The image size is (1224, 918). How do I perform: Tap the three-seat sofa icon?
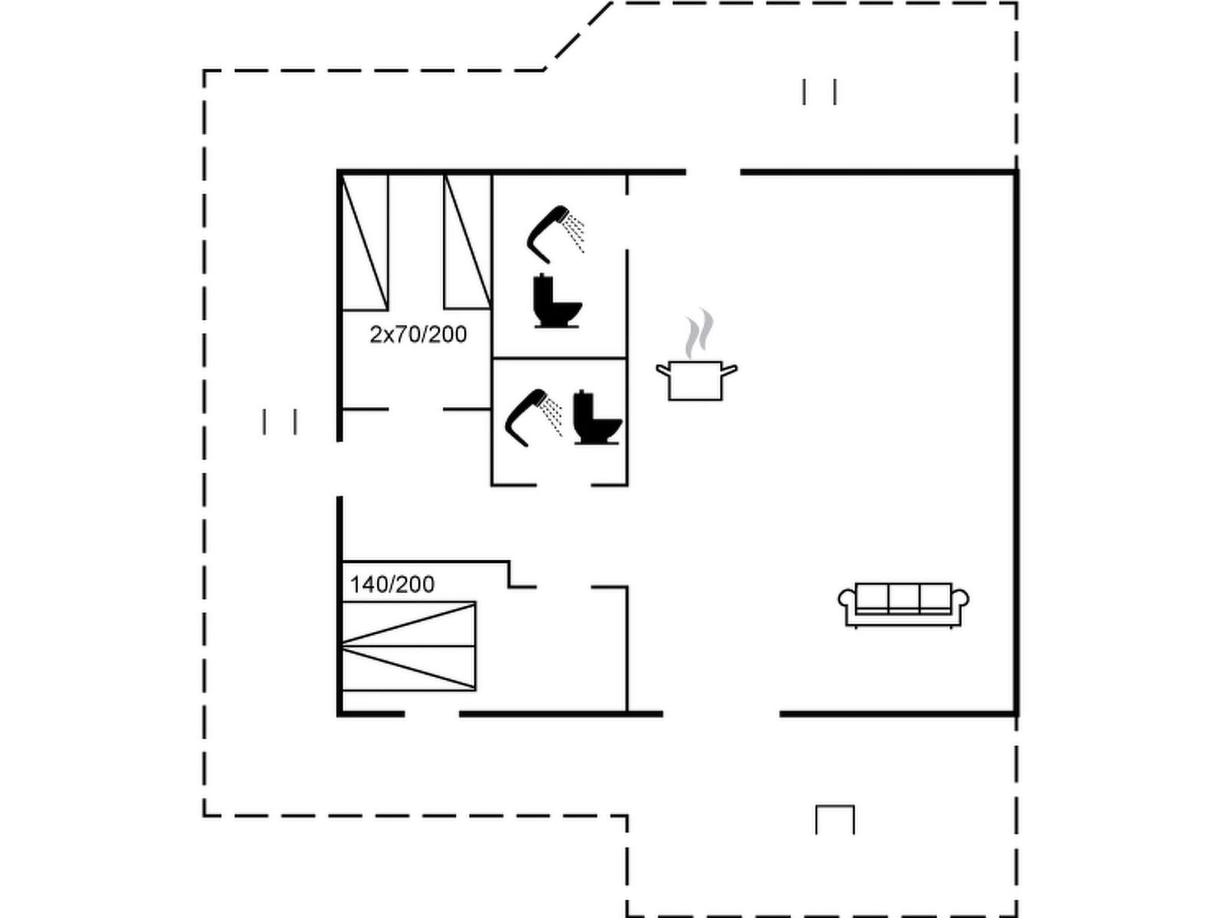point(903,605)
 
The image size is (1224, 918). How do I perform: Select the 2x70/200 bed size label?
point(418,334)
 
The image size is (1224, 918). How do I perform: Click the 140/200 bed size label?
point(392,584)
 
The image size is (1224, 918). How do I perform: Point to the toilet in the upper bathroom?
point(558,301)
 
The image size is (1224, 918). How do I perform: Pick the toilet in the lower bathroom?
point(597,417)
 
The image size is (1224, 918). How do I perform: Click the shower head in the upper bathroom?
point(555,234)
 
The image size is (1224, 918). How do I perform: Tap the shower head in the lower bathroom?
point(534,418)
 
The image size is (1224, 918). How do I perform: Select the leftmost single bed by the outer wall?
point(365,242)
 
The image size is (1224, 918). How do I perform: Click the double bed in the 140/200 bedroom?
point(409,646)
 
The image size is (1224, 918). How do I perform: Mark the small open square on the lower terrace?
point(835,819)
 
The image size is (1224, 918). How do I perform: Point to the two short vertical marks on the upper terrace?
point(819,92)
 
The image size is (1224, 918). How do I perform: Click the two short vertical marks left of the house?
point(279,422)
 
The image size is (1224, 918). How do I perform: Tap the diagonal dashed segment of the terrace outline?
point(578,36)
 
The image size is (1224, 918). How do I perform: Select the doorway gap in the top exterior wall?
point(713,172)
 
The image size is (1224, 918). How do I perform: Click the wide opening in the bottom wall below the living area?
point(721,714)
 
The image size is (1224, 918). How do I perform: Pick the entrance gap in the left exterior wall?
point(339,468)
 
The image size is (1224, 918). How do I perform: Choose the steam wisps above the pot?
point(699,334)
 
